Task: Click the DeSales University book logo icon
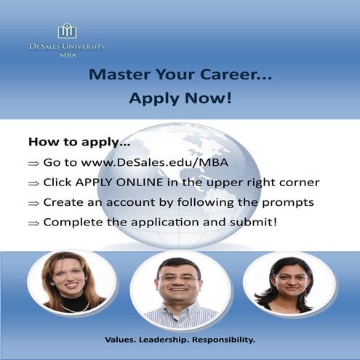[67, 31]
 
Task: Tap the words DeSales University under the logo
[67, 46]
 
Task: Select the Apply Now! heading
[180, 97]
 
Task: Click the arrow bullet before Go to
[33, 163]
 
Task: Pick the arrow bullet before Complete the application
[33, 223]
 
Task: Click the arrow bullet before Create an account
[33, 203]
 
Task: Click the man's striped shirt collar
[180, 311]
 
